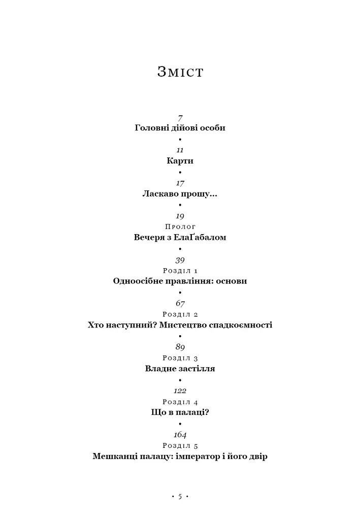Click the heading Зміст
pos(180,72)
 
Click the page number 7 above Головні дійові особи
pos(180,118)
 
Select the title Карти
pos(180,161)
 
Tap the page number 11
pos(180,150)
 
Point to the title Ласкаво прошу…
pos(180,193)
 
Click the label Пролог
pos(180,227)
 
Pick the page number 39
pos(180,261)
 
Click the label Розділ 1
pos(180,271)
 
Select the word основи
pos(232,281)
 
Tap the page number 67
pos(180,303)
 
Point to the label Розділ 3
pos(180,358)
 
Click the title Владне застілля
pos(180,369)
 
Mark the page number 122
pos(180,391)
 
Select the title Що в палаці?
pos(180,412)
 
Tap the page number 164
pos(180,435)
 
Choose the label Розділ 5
pos(180,446)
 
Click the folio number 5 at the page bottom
pos(180,497)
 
